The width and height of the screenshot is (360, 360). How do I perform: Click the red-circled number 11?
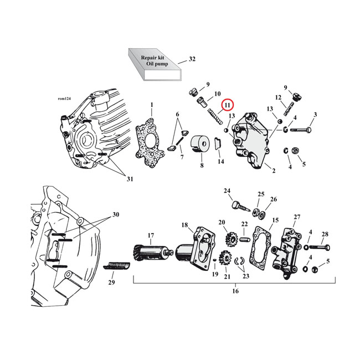[x=228, y=104]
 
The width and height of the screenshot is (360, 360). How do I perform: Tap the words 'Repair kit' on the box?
[x=152, y=57]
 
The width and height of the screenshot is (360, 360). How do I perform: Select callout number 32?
[x=192, y=59]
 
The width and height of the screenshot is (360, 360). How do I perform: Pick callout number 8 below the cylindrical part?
[x=202, y=165]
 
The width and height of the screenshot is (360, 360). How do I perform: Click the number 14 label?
[x=221, y=162]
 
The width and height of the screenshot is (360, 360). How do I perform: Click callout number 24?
[x=227, y=191]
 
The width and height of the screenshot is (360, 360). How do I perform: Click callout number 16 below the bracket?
[x=235, y=291]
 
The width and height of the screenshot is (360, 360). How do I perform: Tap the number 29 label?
[x=111, y=282]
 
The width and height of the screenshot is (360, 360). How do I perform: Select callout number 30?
[x=115, y=214]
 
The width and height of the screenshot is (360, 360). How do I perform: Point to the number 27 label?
[x=297, y=217]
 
